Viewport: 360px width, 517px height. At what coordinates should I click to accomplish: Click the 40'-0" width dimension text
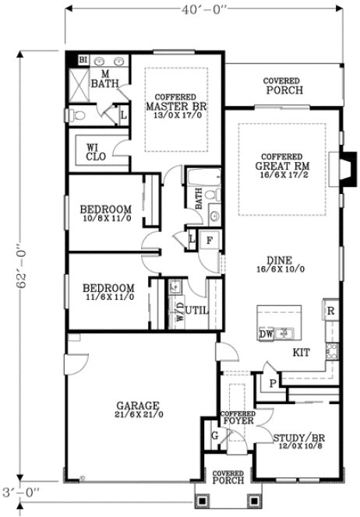[x=203, y=11]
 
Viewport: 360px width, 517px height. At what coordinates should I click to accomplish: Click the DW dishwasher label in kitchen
[x=265, y=334]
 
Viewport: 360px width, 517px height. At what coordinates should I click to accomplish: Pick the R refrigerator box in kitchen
[x=330, y=311]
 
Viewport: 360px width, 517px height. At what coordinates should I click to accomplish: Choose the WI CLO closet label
[x=96, y=151]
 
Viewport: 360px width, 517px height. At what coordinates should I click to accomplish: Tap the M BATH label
[x=100, y=79]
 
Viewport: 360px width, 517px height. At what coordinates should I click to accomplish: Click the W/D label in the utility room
[x=181, y=314]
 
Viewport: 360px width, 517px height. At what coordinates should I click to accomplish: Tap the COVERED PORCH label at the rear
[x=283, y=86]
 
